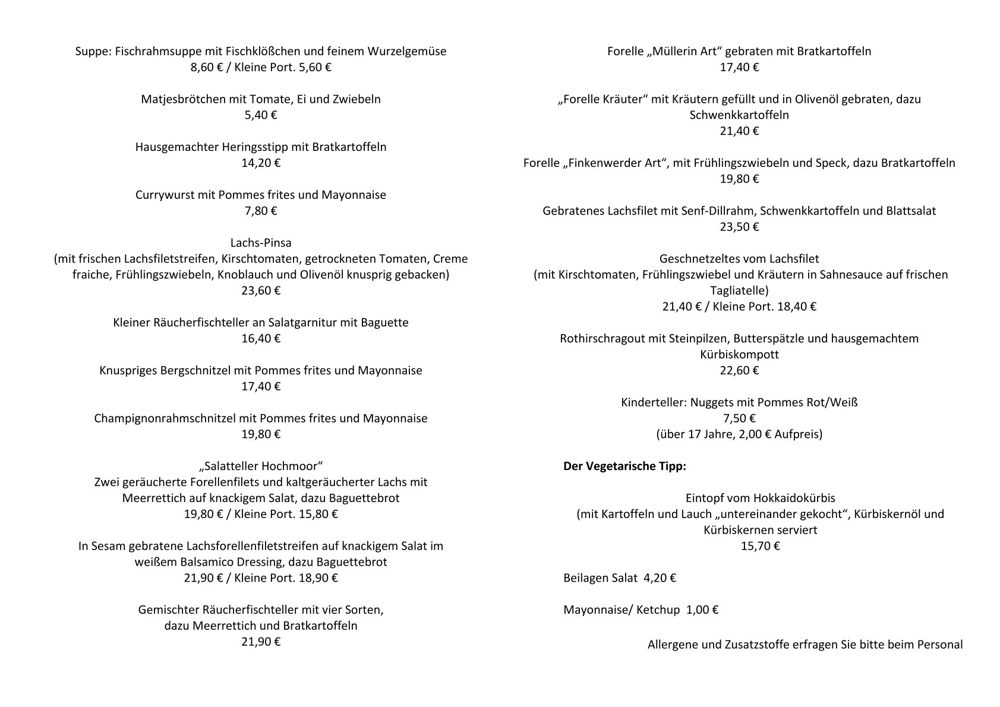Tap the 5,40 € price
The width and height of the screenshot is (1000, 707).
(x=260, y=115)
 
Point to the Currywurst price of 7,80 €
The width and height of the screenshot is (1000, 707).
(x=260, y=211)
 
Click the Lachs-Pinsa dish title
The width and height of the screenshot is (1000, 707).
(x=260, y=243)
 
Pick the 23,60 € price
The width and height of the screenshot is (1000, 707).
(x=260, y=291)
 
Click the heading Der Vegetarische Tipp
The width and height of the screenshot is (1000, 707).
(x=624, y=466)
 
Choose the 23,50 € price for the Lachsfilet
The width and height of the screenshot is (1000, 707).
(x=739, y=227)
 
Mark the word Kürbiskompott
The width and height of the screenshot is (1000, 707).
(x=739, y=355)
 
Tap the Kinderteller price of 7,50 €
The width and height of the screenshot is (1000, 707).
(x=739, y=418)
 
